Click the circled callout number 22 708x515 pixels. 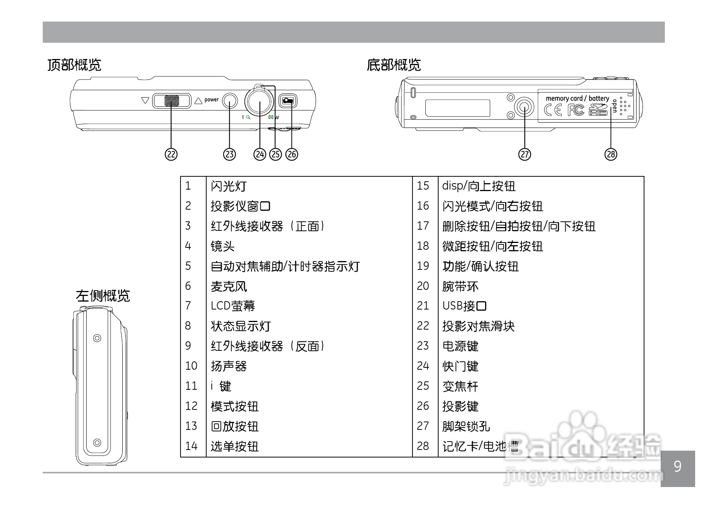click(171, 154)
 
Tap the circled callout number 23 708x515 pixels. click(230, 154)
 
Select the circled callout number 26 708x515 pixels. click(292, 154)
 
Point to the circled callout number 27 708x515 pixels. click(525, 154)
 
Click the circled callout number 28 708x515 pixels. click(611, 154)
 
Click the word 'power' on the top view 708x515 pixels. click(212, 100)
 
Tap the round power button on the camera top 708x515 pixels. click(230, 101)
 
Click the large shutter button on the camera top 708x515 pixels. click(259, 101)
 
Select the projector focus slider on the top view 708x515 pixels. click(172, 101)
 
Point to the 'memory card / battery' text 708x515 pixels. click(577, 98)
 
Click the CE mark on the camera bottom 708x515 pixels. click(553, 110)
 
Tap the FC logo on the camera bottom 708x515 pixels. click(576, 110)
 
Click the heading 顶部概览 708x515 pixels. click(74, 65)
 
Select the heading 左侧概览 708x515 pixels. click(103, 296)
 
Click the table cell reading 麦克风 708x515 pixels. click(229, 286)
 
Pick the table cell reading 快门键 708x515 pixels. click(461, 366)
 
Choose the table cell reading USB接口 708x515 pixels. click(464, 306)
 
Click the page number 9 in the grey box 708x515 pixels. click(677, 467)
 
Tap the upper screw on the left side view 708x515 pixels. click(97, 338)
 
